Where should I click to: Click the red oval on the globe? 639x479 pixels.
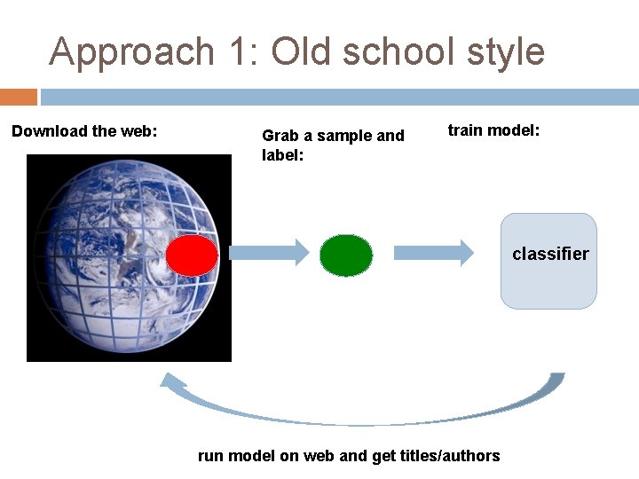tap(192, 255)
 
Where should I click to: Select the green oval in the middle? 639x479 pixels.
tap(346, 255)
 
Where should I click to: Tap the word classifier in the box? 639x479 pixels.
tap(550, 254)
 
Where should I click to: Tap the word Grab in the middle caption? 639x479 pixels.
tap(279, 136)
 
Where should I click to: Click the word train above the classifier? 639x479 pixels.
tap(465, 130)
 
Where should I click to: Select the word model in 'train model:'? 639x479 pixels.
tap(514, 130)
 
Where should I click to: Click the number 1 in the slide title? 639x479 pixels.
tap(241, 51)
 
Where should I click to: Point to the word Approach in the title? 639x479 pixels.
tap(132, 51)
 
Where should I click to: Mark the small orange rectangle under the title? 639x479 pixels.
tap(19, 96)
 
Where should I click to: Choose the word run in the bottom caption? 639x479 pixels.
tap(210, 456)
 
